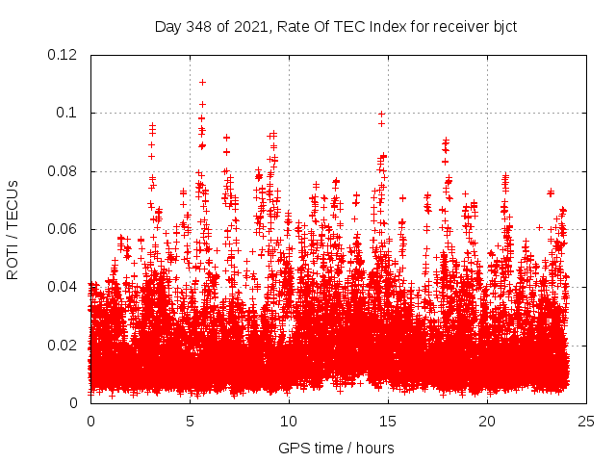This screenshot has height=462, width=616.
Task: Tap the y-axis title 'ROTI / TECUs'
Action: tap(13, 229)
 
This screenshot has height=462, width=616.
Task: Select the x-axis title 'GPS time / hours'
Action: tap(336, 449)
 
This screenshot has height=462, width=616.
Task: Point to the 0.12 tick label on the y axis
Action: tap(64, 55)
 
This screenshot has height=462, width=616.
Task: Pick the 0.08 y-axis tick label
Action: tap(64, 171)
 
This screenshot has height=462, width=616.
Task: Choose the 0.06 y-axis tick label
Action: tap(64, 229)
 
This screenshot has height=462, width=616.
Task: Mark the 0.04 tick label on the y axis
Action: tap(64, 287)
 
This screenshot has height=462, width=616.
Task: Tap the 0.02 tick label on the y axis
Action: tap(64, 345)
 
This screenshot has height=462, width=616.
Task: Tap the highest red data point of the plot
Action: tap(202, 82)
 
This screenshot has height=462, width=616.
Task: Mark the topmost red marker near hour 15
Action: tap(382, 114)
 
